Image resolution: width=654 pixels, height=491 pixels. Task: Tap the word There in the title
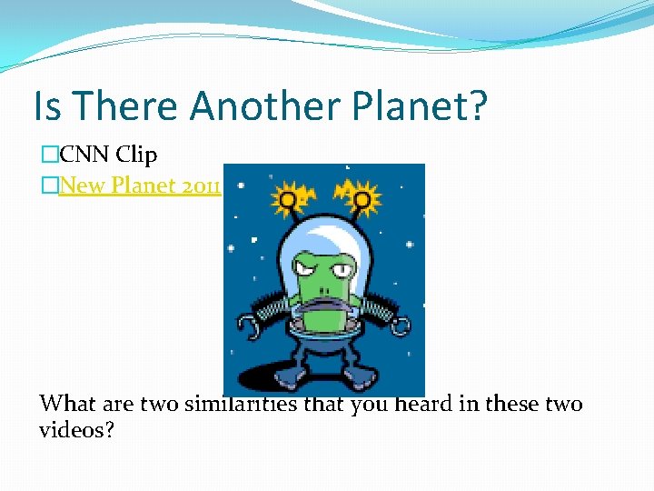pos(126,106)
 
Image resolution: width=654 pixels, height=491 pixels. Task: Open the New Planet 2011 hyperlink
pos(140,185)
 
